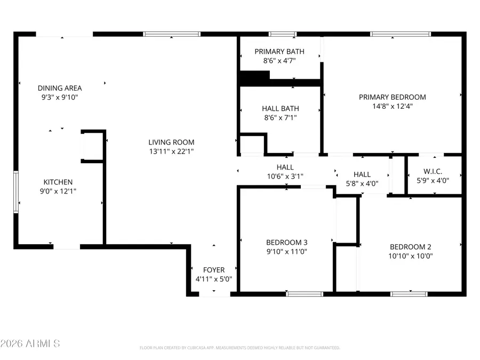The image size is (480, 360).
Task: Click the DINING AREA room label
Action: click(60, 88)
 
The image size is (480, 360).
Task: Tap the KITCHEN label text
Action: click(58, 182)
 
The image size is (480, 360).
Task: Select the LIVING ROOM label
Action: click(171, 142)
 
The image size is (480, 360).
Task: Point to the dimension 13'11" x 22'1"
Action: click(171, 151)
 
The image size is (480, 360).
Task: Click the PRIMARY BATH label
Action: click(279, 52)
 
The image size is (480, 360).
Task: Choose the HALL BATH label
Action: click(279, 108)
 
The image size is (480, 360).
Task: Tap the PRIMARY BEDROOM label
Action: click(392, 97)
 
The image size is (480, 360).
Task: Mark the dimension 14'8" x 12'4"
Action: click(392, 106)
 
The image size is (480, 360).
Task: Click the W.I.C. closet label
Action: click(433, 172)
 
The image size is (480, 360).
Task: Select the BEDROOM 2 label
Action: click(410, 246)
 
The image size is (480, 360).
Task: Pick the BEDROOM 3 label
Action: click(287, 242)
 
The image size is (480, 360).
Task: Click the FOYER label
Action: click(214, 270)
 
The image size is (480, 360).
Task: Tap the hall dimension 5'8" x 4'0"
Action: click(362, 183)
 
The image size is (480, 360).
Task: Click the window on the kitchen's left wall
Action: click(16, 191)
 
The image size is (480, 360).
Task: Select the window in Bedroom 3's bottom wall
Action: click(304, 293)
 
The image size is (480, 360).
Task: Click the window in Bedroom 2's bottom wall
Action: click(409, 293)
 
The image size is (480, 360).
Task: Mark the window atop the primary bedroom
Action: click(401, 34)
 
